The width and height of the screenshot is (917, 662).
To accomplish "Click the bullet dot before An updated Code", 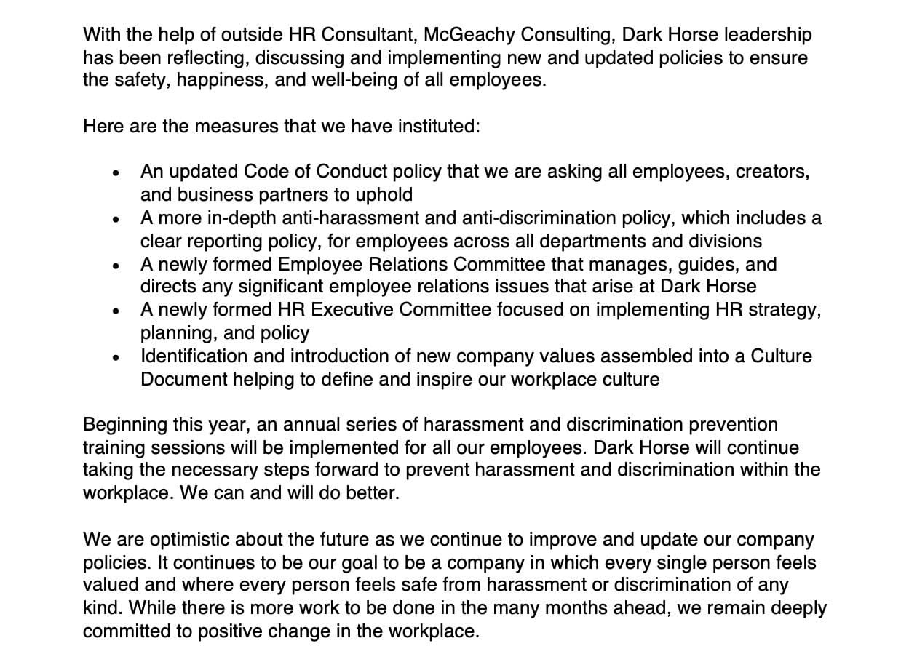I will point(116,174).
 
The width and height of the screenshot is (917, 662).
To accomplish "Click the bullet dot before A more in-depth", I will point(116,220).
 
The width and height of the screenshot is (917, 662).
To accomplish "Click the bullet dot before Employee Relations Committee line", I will point(116,266).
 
